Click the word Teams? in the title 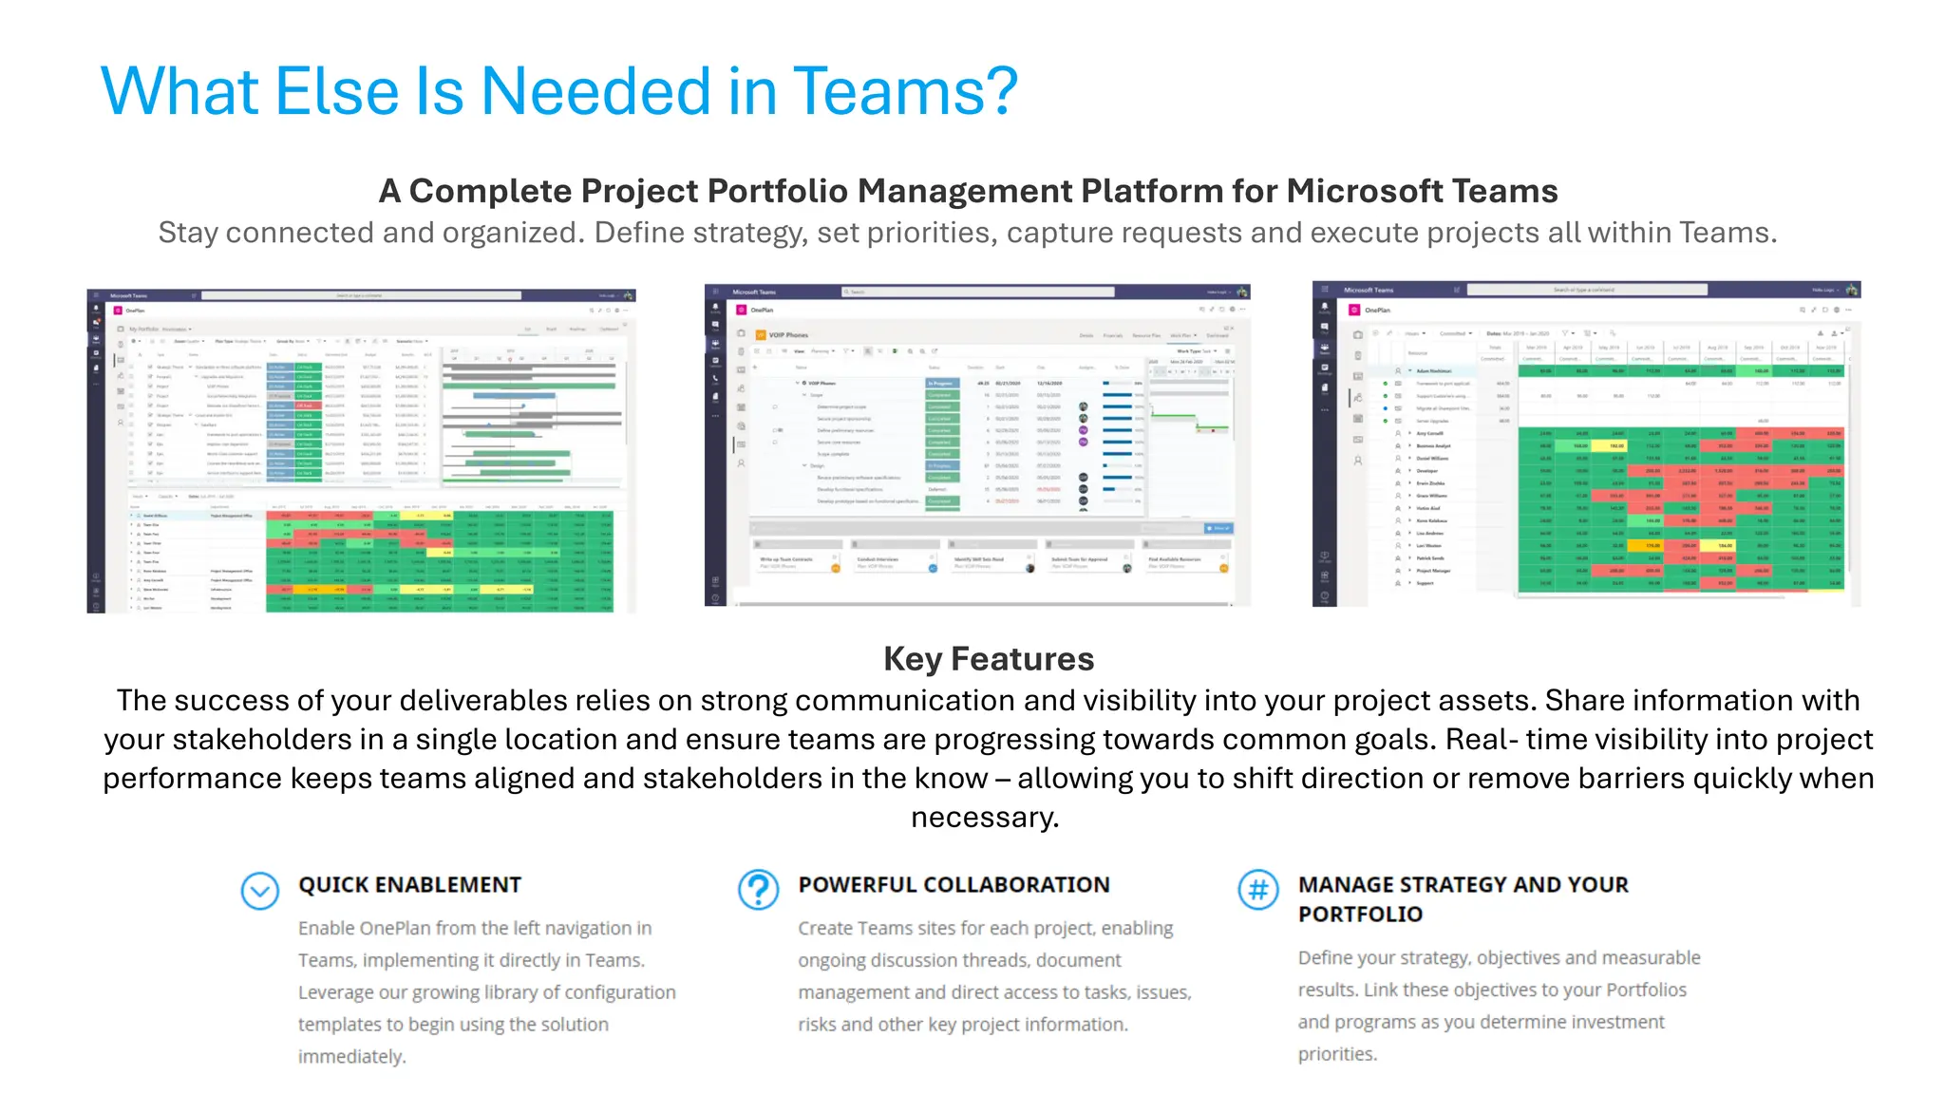coord(904,92)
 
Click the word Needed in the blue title coord(596,92)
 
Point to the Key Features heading coord(988,658)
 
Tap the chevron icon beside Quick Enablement coord(259,891)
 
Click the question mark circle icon coord(758,890)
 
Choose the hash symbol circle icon coord(1257,890)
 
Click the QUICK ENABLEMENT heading coord(409,884)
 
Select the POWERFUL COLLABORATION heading coord(953,884)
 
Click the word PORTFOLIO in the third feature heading coord(1360,914)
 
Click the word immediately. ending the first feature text coord(351,1056)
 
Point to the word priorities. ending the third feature coord(1337,1053)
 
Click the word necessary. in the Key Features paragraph coord(985,817)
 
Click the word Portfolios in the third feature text coord(1646,990)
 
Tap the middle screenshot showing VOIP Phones coord(977,444)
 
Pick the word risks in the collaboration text coord(817,1024)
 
